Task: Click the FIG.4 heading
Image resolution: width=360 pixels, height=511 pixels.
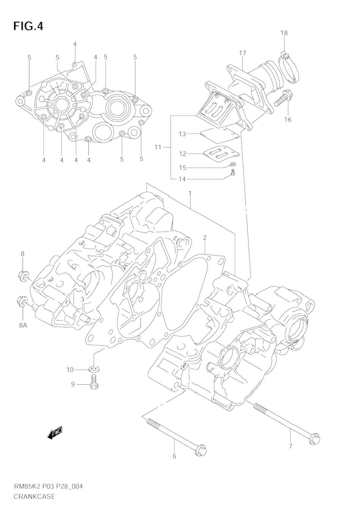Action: (28, 26)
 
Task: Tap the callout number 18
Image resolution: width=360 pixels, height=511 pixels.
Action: (284, 33)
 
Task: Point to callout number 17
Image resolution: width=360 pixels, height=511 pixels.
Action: (243, 53)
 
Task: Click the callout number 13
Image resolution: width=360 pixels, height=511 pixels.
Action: (182, 134)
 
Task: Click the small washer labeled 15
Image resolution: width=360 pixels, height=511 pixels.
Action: (233, 164)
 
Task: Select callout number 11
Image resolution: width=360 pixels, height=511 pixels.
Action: (158, 147)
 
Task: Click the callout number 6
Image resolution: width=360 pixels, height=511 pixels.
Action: (174, 456)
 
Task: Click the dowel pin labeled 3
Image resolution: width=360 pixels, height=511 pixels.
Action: (84, 316)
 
